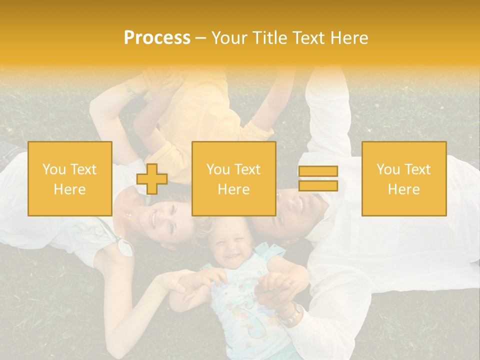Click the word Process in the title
click(157, 38)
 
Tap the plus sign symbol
click(152, 179)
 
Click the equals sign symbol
click(318, 178)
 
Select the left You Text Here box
click(70, 179)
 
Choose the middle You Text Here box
click(234, 179)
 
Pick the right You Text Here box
click(404, 179)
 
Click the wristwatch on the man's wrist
click(291, 314)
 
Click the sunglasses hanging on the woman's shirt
click(121, 245)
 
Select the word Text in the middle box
click(247, 169)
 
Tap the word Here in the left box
click(70, 189)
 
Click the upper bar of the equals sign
click(318, 171)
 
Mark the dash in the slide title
click(200, 38)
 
